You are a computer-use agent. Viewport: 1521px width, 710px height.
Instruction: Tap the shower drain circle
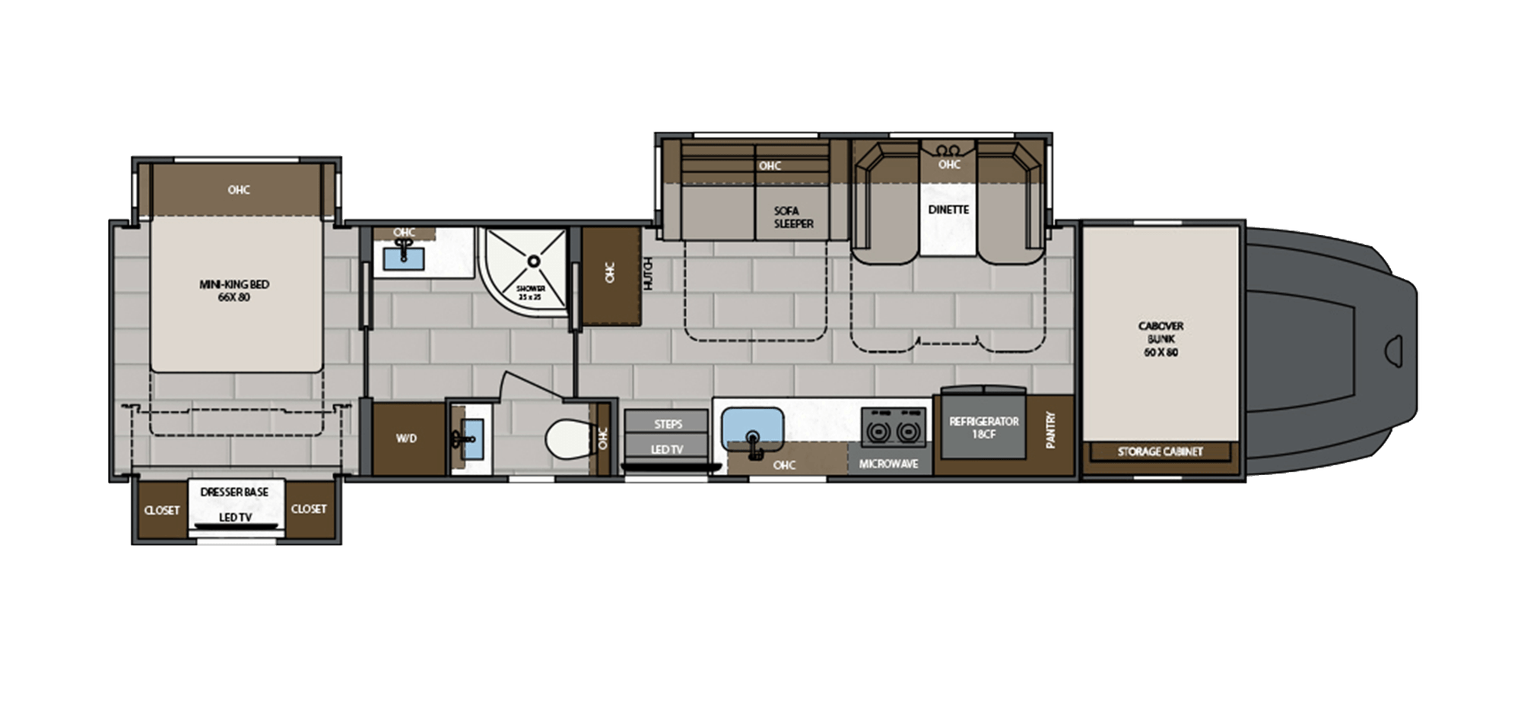pos(534,261)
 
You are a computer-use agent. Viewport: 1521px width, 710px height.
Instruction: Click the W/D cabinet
pos(407,439)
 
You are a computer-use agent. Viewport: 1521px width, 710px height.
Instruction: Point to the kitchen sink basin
pos(752,426)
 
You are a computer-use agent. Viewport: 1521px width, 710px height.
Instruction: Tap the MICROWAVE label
pos(888,463)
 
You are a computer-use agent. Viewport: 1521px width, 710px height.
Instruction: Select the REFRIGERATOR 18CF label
pos(983,427)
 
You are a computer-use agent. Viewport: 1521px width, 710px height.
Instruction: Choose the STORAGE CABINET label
pos(1160,452)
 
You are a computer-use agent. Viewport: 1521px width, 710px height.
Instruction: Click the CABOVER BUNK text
pos(1161,338)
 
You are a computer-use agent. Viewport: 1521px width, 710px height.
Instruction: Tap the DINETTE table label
pos(948,209)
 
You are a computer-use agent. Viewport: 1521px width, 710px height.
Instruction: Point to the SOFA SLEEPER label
pos(793,217)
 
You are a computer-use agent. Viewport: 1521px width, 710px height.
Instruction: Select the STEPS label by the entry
pos(668,423)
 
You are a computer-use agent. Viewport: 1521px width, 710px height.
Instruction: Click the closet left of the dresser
pos(161,510)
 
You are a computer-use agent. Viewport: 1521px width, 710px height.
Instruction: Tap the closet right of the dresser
pos(309,509)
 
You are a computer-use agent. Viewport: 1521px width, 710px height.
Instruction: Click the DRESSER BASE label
pos(234,492)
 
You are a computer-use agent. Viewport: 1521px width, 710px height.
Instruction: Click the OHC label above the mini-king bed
pos(239,190)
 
